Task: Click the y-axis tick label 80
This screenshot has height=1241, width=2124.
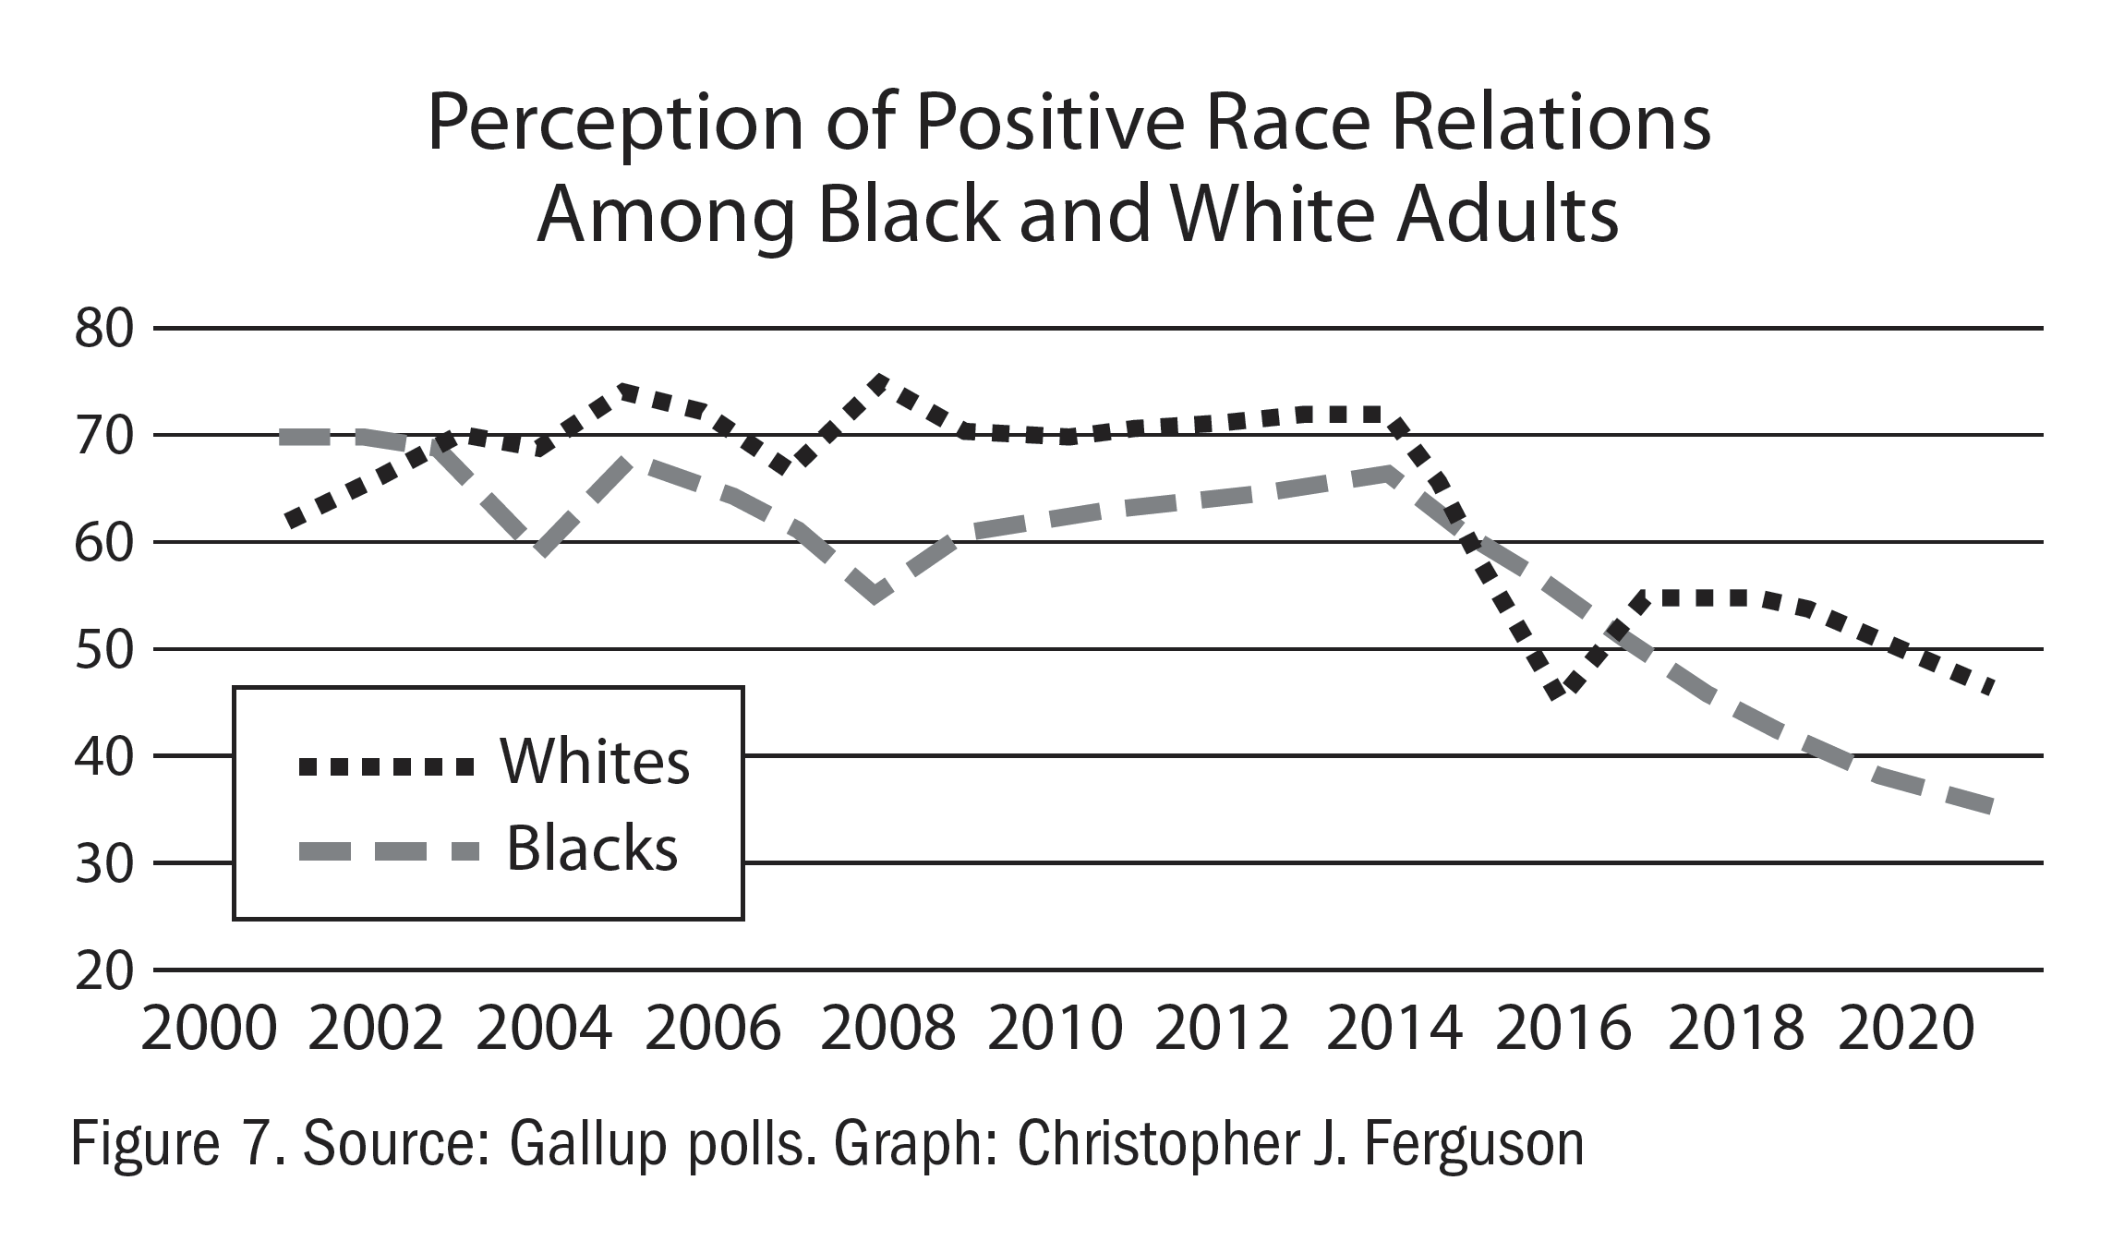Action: (103, 330)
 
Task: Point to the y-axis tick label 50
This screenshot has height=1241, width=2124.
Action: (103, 650)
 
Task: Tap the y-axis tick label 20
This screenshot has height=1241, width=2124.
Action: (103, 971)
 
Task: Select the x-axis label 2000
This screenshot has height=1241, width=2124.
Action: (209, 1029)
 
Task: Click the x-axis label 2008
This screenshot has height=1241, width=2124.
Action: (887, 1029)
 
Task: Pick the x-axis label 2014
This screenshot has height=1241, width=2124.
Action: (1394, 1029)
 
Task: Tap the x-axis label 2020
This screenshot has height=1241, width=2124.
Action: (1905, 1029)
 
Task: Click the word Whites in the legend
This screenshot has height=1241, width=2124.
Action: (595, 764)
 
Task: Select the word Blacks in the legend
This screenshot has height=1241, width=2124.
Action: (592, 849)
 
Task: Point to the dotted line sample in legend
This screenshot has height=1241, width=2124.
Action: (386, 765)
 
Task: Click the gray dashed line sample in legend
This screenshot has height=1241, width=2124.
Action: (388, 851)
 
